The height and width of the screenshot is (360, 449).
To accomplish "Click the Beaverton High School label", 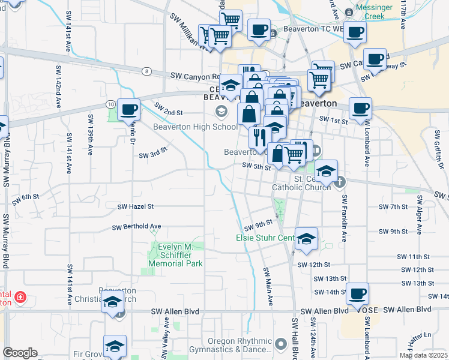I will click(x=187, y=127).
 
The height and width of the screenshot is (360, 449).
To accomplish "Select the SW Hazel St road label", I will click(x=135, y=206).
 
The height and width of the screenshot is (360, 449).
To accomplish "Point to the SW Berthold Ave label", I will click(x=137, y=227).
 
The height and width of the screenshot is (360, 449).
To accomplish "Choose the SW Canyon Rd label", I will click(x=195, y=76).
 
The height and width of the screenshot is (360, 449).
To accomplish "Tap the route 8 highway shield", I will click(x=146, y=71).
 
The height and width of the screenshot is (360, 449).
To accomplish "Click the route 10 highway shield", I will click(x=111, y=104).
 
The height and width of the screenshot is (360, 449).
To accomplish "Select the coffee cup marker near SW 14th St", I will click(x=358, y=294).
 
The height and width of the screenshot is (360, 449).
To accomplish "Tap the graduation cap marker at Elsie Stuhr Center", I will click(x=306, y=239).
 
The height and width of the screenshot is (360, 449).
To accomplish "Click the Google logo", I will click(x=20, y=353).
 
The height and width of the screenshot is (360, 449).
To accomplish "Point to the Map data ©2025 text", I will click(x=424, y=355).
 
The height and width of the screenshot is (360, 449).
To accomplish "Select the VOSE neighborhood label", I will click(x=367, y=310).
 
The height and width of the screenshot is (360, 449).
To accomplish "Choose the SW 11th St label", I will click(x=415, y=257).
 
